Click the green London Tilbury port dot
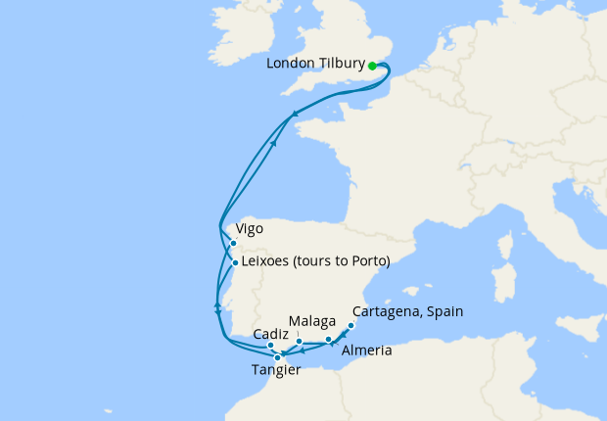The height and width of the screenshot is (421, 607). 373,67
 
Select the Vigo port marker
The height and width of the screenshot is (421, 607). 233,243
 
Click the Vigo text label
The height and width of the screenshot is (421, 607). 250,229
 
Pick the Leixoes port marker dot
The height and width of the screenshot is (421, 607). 235,262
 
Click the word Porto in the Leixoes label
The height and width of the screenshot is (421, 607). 368,261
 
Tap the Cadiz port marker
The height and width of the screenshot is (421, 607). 270,346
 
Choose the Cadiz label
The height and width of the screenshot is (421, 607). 270,333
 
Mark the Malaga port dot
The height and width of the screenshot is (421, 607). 300,341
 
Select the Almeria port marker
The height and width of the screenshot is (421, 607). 328,339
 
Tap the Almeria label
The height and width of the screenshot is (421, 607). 367,351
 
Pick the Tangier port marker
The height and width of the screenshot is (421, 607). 278,357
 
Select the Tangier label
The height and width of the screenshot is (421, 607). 277,370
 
